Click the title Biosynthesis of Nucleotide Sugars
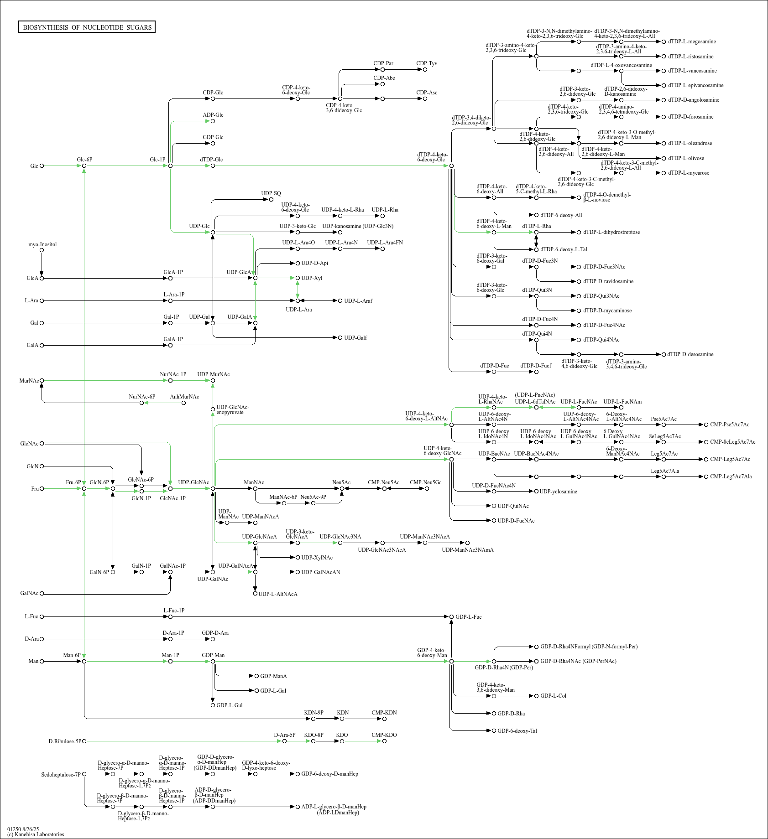pyautogui.click(x=87, y=27)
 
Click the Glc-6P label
pyautogui.click(x=84, y=160)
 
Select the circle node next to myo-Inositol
pyautogui.click(x=42, y=250)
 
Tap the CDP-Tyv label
pyautogui.click(x=427, y=63)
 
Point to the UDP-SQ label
pyautogui.click(x=271, y=193)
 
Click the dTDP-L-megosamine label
pyautogui.click(x=692, y=42)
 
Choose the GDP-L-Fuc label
pyautogui.click(x=468, y=617)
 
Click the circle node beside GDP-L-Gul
pyautogui.click(x=213, y=705)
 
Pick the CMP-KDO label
pyautogui.click(x=384, y=735)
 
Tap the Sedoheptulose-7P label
pyautogui.click(x=61, y=774)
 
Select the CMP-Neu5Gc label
pyautogui.click(x=426, y=482)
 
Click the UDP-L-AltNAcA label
pyautogui.click(x=278, y=594)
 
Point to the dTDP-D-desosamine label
pyautogui.click(x=690, y=354)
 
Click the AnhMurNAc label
pyautogui.click(x=184, y=397)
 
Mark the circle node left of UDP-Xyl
pyautogui.click(x=298, y=278)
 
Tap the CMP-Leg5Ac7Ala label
pyautogui.click(x=731, y=476)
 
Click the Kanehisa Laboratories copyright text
pyautogui.click(x=36, y=834)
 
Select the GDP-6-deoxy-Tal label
pyautogui.click(x=517, y=731)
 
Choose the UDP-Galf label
pyautogui.click(x=355, y=338)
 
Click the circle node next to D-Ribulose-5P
pyautogui.click(x=84, y=741)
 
